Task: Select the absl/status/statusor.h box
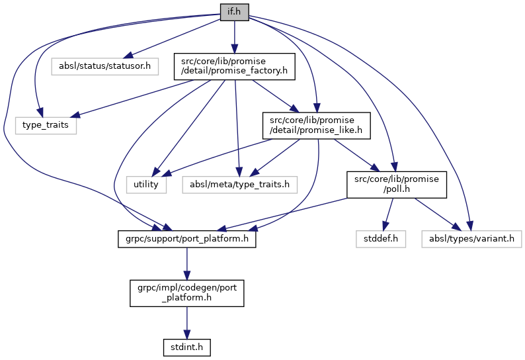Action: click(x=104, y=66)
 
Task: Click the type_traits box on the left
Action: click(x=46, y=124)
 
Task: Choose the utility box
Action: click(x=146, y=184)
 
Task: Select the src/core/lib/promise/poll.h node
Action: click(x=396, y=184)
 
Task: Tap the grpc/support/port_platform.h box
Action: click(x=186, y=239)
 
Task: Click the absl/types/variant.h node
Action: click(x=471, y=239)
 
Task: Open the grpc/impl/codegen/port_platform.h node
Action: click(x=186, y=292)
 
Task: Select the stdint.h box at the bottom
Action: click(x=186, y=346)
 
